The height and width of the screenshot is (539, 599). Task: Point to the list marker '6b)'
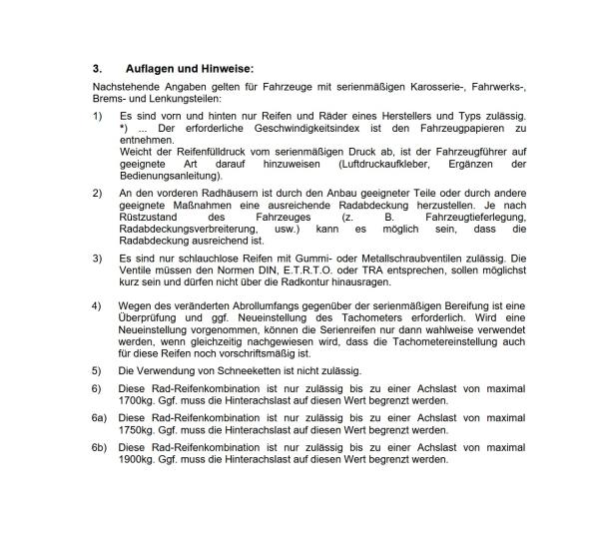click(x=98, y=448)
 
